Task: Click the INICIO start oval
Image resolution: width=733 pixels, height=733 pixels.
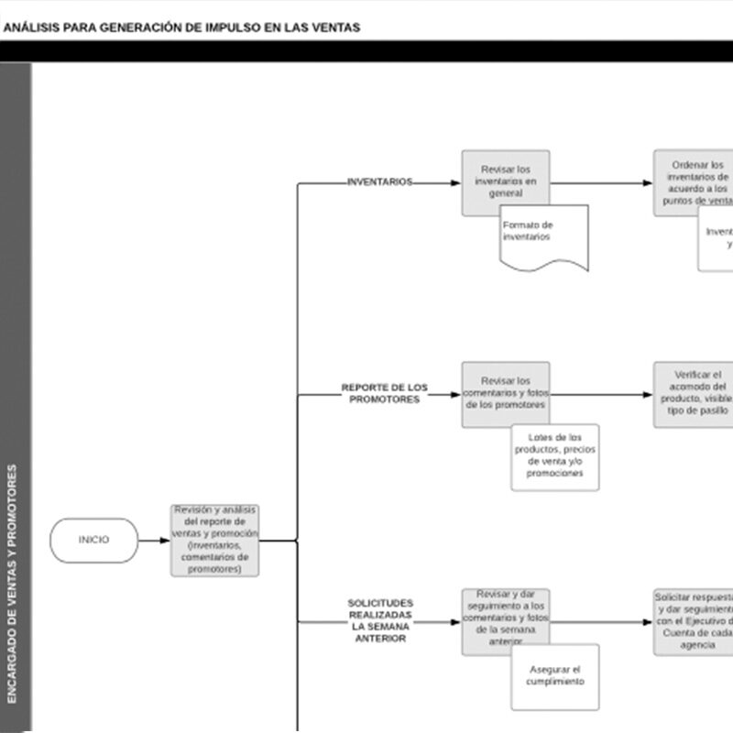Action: pos(93,540)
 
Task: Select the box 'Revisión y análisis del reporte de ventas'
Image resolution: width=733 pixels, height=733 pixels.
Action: pos(214,540)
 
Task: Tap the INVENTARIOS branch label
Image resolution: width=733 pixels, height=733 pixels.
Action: pos(379,182)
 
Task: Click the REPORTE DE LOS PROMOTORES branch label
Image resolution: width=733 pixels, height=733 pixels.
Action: pos(384,393)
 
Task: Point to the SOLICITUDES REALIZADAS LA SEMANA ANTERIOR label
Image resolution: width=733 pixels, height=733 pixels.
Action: pos(379,620)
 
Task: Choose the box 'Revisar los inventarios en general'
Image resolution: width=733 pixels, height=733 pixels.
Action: pos(505,181)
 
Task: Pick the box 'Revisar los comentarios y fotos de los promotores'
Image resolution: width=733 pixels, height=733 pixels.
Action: pos(505,393)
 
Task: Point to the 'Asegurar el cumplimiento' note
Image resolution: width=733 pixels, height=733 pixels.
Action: pos(555,677)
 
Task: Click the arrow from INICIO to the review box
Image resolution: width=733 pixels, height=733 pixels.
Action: pos(154,540)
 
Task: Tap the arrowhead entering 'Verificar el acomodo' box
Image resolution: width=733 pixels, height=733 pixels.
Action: pos(647,396)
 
